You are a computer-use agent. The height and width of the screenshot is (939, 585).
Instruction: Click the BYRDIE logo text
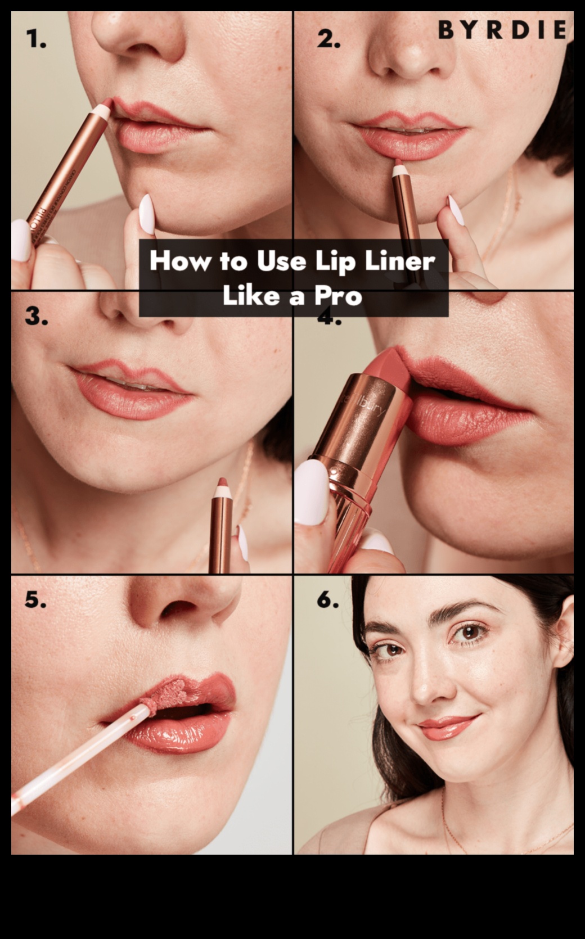coord(502,30)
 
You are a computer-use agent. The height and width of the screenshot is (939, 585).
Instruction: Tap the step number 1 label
coord(36,39)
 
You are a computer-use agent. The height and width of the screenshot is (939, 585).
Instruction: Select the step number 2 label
coord(328,39)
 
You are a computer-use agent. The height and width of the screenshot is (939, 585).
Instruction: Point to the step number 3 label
coord(36,317)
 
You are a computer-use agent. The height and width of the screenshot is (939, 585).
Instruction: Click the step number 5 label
coord(35,600)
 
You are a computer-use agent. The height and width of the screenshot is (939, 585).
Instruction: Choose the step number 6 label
coord(328,600)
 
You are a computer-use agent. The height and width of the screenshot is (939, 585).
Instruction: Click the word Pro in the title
coord(337,295)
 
